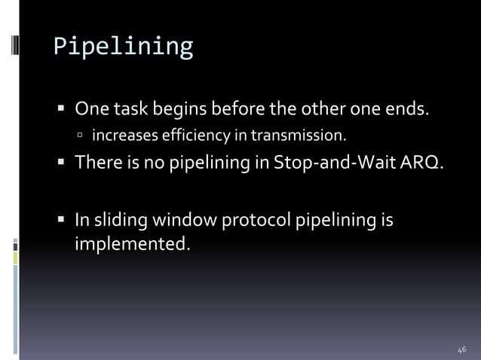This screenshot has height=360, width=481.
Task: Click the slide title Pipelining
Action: (123, 47)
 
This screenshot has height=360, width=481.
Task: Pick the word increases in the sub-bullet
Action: (120, 136)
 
